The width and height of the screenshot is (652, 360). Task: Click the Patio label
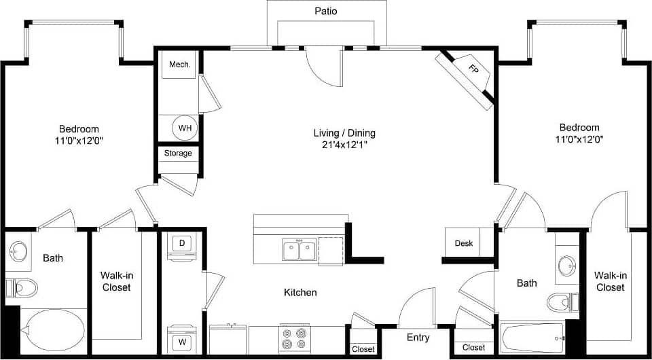click(x=326, y=11)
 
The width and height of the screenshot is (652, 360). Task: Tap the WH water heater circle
click(x=184, y=127)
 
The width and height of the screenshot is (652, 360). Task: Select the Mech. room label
click(x=179, y=65)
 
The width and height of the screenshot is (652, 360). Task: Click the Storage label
click(x=178, y=153)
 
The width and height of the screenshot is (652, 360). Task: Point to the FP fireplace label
click(x=473, y=68)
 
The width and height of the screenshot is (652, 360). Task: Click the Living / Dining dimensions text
click(x=344, y=144)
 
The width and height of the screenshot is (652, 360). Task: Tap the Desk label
click(x=464, y=243)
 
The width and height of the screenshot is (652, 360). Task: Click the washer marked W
click(x=182, y=342)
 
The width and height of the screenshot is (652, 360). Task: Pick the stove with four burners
click(x=297, y=338)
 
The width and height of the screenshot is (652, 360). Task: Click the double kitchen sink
click(x=300, y=249)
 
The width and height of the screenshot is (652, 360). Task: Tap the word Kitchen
click(x=300, y=293)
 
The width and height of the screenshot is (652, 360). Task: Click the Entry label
click(x=418, y=338)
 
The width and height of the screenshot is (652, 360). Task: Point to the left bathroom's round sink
click(x=18, y=251)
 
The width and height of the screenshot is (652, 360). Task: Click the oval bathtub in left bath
click(x=54, y=329)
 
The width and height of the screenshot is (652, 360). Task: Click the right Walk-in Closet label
click(x=610, y=281)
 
